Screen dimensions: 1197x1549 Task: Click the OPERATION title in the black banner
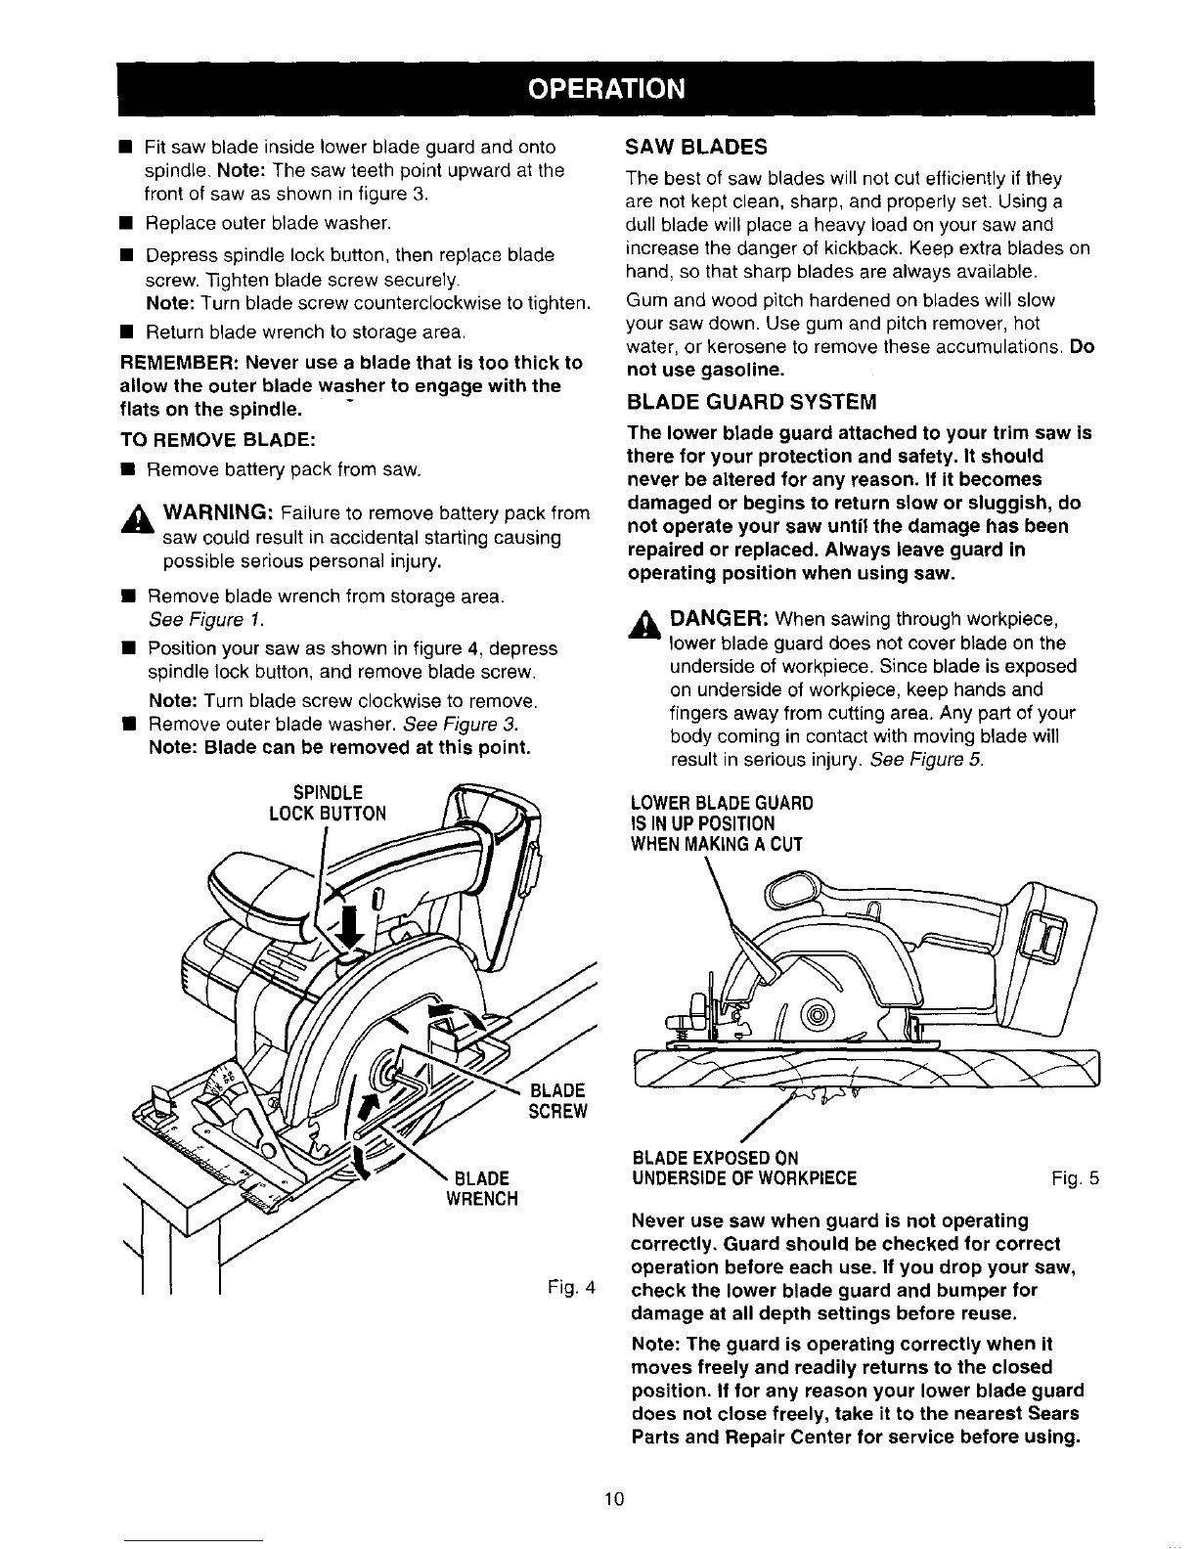606,89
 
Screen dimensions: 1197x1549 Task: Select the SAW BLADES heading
696,148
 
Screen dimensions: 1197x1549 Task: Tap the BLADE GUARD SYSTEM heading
751,402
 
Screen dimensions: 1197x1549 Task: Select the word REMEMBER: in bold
179,363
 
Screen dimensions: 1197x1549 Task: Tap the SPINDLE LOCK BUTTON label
328,804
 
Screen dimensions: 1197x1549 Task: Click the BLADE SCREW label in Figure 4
557,1101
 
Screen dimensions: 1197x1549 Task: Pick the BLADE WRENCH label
482,1188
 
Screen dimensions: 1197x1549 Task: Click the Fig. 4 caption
571,1287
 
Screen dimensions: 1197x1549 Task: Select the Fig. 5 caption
1076,1179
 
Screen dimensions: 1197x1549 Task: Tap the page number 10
614,1499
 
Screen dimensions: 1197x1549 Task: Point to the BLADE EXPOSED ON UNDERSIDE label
743,1169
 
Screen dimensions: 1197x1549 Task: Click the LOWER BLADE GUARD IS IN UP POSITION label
722,823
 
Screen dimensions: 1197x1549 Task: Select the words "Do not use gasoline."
860,359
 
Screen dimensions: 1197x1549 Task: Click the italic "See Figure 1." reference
206,619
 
